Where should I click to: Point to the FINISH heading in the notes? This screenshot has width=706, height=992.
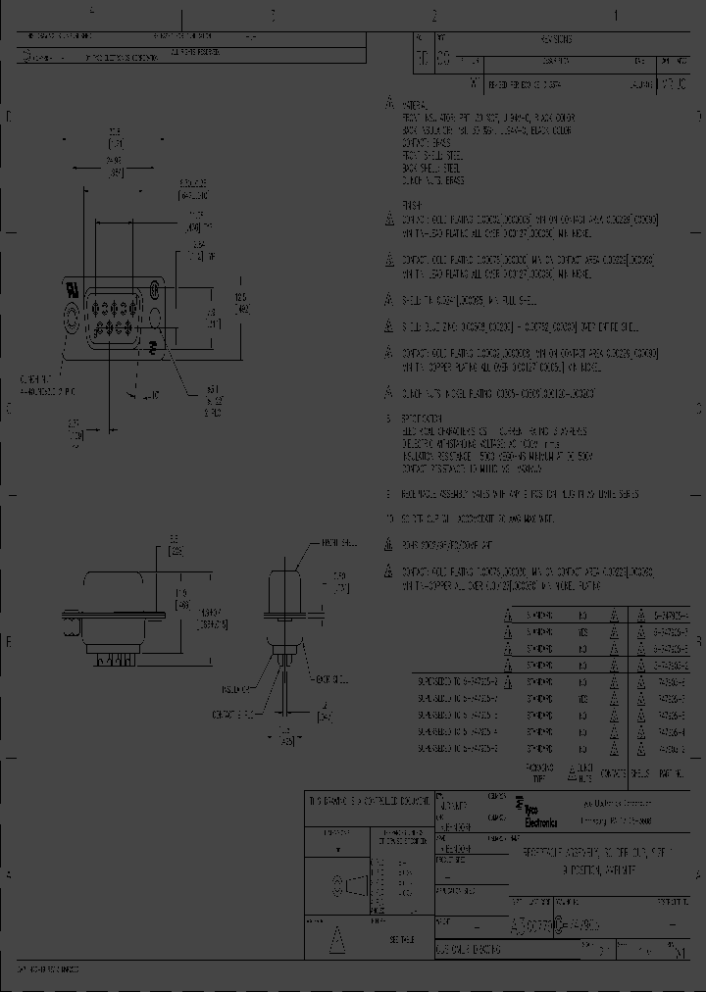tap(412, 206)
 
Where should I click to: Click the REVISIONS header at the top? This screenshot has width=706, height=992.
tap(556, 39)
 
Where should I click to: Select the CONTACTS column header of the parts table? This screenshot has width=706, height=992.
tap(612, 773)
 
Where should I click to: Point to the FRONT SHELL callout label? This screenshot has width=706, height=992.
tap(336, 541)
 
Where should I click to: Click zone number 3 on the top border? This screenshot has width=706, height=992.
tap(273, 15)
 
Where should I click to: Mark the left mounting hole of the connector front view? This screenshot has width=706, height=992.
tap(71, 317)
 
